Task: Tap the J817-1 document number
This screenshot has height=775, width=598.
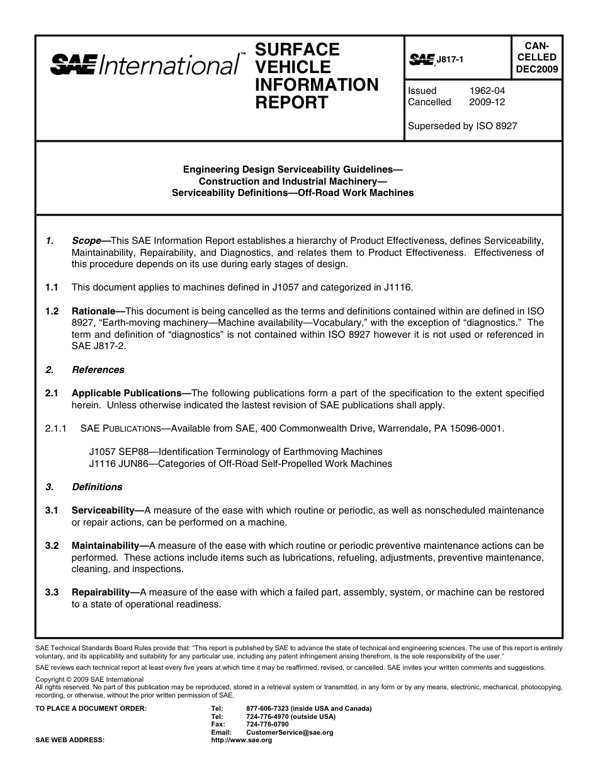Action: click(x=449, y=59)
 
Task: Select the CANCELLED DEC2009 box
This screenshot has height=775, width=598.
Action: click(x=536, y=57)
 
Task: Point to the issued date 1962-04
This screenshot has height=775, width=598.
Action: click(x=487, y=91)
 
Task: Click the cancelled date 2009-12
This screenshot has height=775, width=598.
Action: click(x=487, y=102)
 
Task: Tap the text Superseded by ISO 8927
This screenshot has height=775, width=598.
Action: click(x=462, y=125)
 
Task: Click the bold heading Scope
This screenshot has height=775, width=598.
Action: click(x=86, y=241)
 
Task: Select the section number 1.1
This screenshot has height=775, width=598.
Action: click(x=52, y=287)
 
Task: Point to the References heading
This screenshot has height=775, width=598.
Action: click(x=98, y=370)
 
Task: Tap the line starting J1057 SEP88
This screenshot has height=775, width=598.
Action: click(x=235, y=452)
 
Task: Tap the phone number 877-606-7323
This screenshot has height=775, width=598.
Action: click(x=269, y=709)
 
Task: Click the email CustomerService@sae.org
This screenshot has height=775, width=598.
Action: click(x=290, y=733)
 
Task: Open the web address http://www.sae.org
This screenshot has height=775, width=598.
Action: click(x=242, y=740)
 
